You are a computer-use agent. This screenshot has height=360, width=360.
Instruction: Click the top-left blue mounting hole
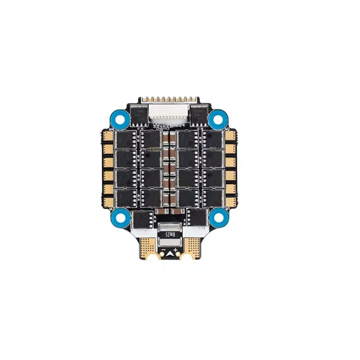[x=120, y=119]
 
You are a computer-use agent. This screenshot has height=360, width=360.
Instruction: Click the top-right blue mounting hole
[x=218, y=119]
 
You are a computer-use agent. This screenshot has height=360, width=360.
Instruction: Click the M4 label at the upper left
[x=111, y=129]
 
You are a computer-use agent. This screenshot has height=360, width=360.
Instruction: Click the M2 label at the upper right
[x=228, y=129]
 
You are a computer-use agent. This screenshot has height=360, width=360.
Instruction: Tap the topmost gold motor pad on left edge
[x=108, y=136]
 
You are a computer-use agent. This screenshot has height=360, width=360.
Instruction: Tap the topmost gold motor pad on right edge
[x=230, y=136]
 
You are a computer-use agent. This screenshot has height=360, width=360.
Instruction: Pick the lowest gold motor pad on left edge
[x=108, y=200]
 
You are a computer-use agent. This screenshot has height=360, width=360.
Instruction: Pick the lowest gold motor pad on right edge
[x=230, y=200]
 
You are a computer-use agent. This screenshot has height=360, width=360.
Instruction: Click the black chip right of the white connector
[x=199, y=114]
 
